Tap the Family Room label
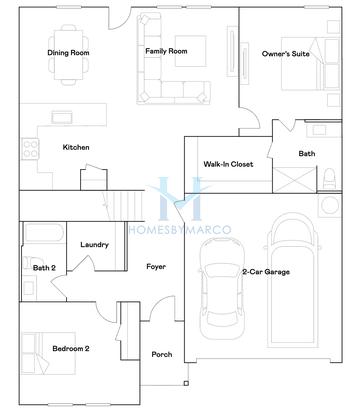point(166,50)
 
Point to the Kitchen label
point(76,147)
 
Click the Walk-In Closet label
point(228,163)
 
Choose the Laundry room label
point(94,244)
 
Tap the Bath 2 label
point(43,268)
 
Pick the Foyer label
point(155,266)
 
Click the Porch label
point(161,354)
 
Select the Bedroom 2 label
point(71,348)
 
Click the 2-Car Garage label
point(265,271)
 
